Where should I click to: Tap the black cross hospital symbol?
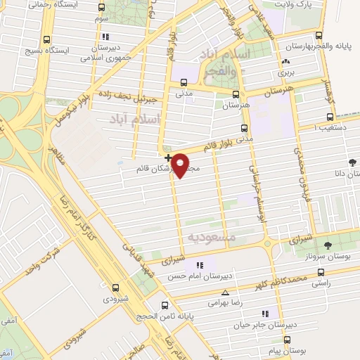(167, 157)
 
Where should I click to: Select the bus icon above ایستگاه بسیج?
(46, 39)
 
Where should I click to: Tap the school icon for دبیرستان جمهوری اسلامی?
(105, 37)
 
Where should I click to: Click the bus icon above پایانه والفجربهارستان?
(319, 35)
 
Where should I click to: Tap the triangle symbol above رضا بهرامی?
(225, 292)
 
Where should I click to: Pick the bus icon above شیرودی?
(115, 287)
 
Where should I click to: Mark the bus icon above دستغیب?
(330, 117)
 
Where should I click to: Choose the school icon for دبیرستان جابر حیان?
(265, 313)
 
